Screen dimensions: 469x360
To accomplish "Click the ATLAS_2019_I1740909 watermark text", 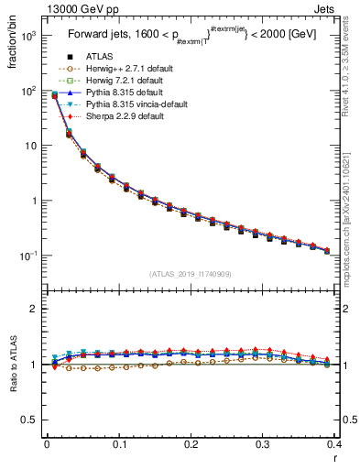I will click(190, 274).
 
